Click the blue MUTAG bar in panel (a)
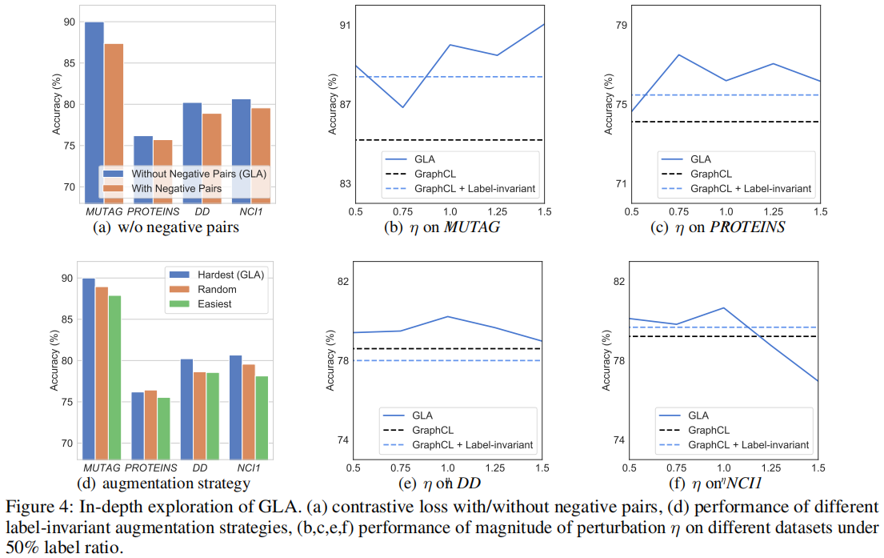tap(94, 112)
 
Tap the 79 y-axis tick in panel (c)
tap(618, 26)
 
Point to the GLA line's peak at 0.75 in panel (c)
tap(678, 54)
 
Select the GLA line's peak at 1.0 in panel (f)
tap(723, 307)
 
